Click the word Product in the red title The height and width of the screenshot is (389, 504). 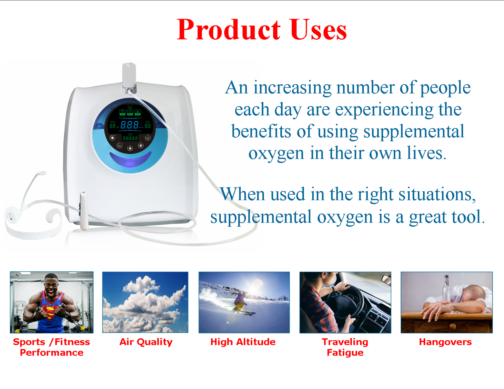228,30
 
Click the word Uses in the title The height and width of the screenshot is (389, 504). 318,30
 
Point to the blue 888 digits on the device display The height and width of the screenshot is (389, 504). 129,125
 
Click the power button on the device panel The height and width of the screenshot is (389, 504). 147,138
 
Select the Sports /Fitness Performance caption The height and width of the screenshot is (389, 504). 51,347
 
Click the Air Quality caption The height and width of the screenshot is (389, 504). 146,342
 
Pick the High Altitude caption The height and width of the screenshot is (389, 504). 243,342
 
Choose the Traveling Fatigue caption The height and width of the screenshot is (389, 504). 345,347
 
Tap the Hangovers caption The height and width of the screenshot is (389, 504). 445,342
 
